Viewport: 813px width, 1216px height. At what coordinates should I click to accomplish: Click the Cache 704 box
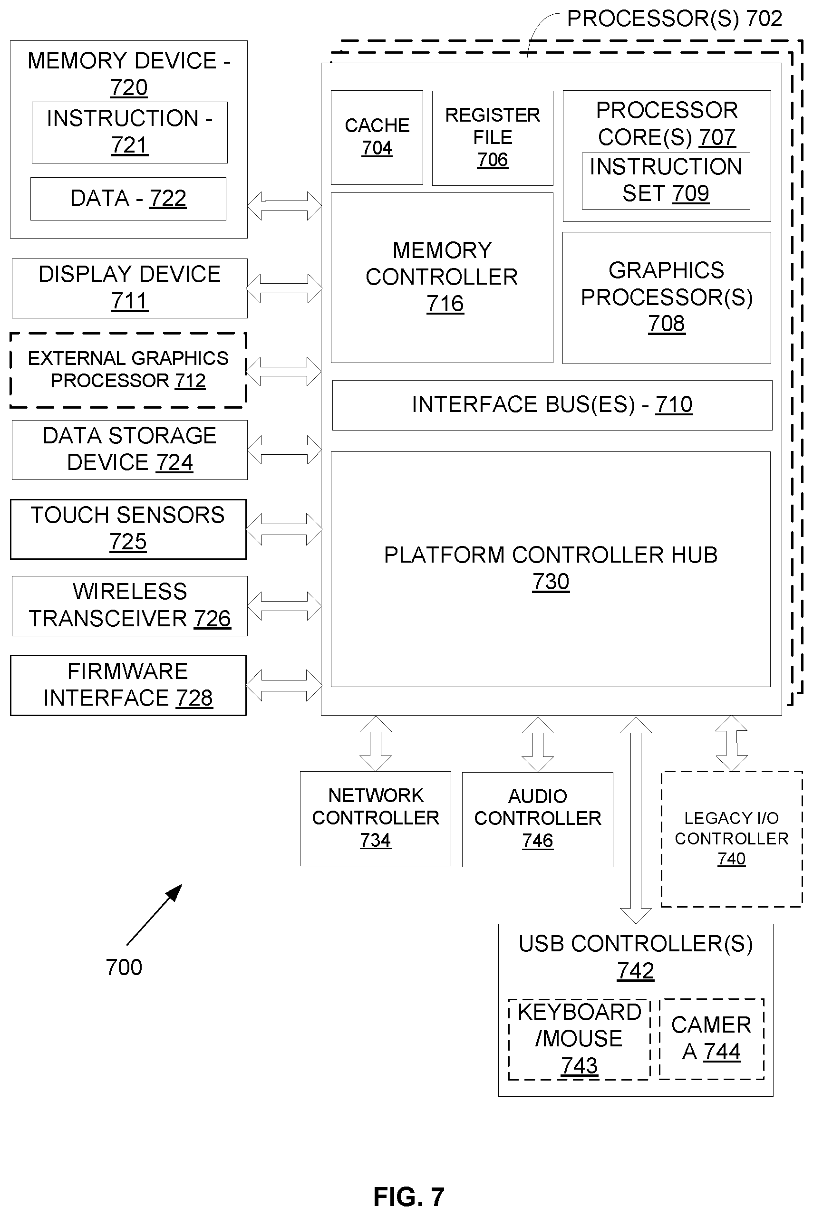[x=377, y=137]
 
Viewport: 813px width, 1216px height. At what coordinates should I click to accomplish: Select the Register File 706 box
[x=493, y=138]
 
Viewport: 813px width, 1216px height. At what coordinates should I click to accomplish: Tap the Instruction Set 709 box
[x=666, y=181]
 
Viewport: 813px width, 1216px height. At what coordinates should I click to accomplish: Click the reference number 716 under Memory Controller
[x=445, y=304]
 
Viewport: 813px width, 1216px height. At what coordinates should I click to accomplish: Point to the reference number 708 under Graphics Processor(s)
[x=667, y=324]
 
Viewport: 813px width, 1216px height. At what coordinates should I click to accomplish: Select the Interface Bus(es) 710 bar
[x=552, y=405]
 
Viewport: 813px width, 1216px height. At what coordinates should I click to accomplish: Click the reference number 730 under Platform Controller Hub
[x=551, y=582]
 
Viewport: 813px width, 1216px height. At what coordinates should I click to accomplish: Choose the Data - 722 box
[x=128, y=199]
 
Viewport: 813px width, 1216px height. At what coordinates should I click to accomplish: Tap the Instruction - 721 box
[x=130, y=133]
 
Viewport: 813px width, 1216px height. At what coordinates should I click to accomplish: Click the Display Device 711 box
[x=130, y=288]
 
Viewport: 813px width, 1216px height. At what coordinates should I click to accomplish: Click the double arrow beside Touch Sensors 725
[x=284, y=529]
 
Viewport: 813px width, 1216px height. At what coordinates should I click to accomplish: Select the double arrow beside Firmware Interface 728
[x=284, y=686]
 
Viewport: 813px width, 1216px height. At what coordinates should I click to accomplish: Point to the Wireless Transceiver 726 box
[x=130, y=606]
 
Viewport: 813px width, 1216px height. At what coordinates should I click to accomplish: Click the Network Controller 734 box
[x=376, y=819]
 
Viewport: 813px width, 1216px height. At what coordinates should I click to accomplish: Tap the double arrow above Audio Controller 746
[x=538, y=745]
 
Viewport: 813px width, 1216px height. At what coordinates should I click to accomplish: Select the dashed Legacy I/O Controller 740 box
[x=732, y=839]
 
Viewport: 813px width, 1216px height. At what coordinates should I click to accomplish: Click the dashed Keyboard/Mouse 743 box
[x=579, y=1039]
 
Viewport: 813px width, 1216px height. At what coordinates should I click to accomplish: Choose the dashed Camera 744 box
[x=712, y=1039]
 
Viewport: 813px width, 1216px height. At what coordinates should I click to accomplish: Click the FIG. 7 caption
[x=409, y=1197]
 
